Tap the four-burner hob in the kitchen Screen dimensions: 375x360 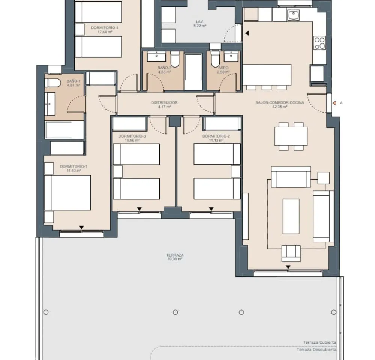click(320, 43)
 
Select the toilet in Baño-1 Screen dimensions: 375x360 click(52, 83)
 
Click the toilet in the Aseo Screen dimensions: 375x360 click(215, 58)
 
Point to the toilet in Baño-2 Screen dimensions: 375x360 click(175, 59)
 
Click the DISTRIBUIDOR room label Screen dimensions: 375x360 click(164, 102)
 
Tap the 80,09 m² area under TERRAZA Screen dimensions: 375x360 click(175, 259)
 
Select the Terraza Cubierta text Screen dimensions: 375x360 click(319, 342)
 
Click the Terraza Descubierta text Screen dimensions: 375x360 click(316, 349)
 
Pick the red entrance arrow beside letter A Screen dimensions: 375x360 click(334, 103)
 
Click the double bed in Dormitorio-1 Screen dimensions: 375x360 click(67, 193)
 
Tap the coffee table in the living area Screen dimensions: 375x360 click(291, 216)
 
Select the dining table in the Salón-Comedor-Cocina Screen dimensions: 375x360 click(291, 136)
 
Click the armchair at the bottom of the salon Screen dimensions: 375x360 click(291, 253)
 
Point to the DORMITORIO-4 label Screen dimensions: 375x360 click(105, 28)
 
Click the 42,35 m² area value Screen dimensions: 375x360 click(280, 106)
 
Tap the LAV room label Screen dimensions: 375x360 click(199, 21)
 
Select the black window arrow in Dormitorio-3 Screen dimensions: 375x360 click(139, 209)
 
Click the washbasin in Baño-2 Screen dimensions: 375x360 click(156, 57)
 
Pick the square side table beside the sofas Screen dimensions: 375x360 click(323, 178)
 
